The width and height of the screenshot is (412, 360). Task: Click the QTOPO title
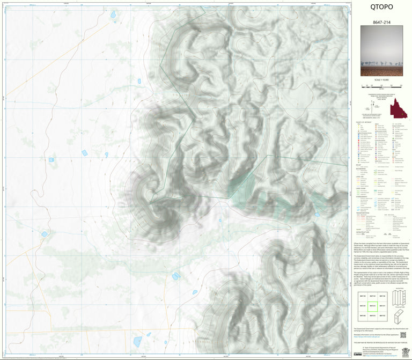tap(381, 8)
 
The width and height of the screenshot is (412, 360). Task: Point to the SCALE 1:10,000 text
tap(381, 80)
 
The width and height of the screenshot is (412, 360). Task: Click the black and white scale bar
tap(381, 85)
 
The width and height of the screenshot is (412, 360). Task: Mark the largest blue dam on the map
tap(137, 341)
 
